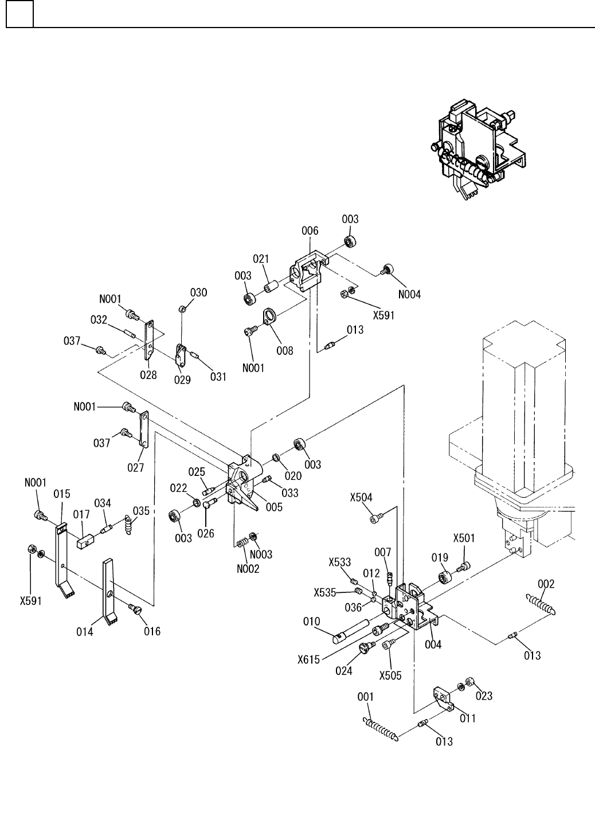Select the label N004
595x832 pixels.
tap(409, 294)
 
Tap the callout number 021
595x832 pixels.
tap(261, 259)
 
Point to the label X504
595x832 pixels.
tap(361, 497)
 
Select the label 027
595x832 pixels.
tap(135, 468)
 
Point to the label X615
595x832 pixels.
tap(310, 659)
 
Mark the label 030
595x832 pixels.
tap(198, 292)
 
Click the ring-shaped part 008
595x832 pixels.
tap(268, 316)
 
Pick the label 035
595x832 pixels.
tap(141, 510)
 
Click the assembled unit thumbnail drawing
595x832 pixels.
tap(477, 150)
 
